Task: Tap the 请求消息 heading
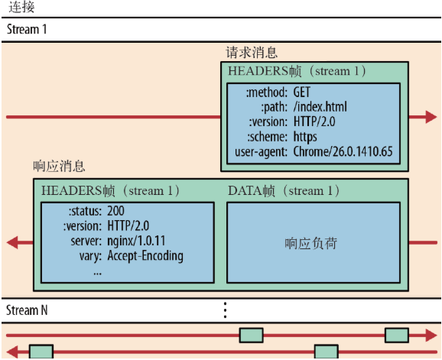click(251, 53)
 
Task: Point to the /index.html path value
click(319, 106)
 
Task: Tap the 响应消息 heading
click(59, 166)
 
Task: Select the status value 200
click(116, 210)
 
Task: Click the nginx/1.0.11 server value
click(135, 241)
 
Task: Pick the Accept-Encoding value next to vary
click(145, 255)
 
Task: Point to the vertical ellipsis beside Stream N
click(225, 310)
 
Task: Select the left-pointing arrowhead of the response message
click(13, 243)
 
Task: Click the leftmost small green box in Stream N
click(41, 352)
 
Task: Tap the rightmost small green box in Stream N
click(395, 335)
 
